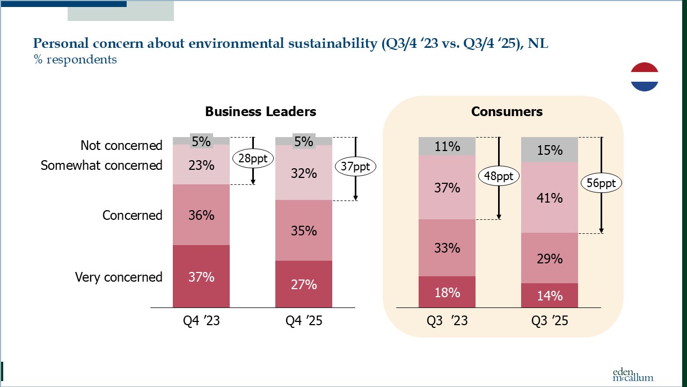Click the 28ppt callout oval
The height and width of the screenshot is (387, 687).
coord(253,159)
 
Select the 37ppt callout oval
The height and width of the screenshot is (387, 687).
coord(355,167)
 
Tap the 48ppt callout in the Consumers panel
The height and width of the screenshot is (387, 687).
coord(499,176)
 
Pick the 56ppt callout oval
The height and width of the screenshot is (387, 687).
coord(601,183)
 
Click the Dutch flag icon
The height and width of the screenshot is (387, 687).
coord(645,77)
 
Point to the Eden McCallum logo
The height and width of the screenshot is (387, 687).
coord(633,375)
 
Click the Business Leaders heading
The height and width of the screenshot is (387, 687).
coord(260,112)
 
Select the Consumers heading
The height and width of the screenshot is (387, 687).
coord(507,112)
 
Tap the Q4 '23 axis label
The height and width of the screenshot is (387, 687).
coord(201,321)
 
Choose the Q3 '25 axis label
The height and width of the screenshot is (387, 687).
coord(550,321)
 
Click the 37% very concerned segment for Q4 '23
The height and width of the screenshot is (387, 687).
coord(201,276)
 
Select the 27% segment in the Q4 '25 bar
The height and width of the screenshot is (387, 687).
coord(304,284)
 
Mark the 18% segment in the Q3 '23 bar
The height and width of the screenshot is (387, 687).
coord(447,292)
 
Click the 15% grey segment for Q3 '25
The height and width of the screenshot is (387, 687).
coord(550,149)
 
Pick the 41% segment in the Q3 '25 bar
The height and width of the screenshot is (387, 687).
coord(550,197)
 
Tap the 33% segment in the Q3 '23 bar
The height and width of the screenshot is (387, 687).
coord(447,248)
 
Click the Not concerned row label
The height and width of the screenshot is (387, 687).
coord(121,145)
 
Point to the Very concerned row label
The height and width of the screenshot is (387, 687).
coord(119,277)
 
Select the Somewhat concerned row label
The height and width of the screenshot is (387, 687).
coord(101,165)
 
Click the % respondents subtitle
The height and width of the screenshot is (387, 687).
coord(75,59)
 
